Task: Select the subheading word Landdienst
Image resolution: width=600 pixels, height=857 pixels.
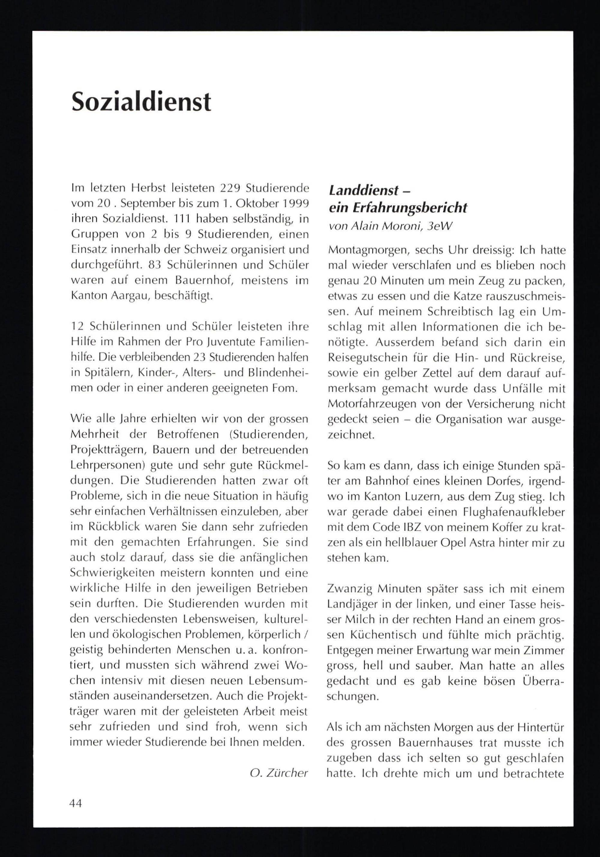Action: [358, 191]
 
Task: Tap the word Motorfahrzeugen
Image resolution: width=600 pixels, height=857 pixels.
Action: [371, 404]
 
